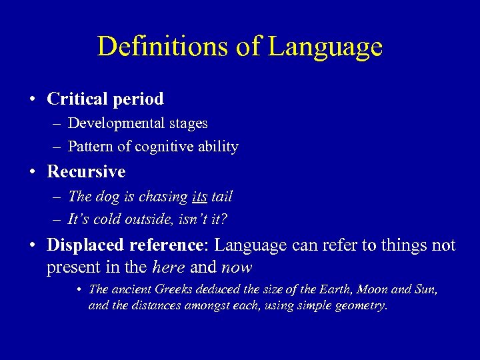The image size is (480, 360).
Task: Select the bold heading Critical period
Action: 105,99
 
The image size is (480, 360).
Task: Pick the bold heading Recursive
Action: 86,172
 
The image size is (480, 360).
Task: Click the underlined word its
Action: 199,197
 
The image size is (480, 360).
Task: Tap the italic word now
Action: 237,267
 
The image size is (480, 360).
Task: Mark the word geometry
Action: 362,306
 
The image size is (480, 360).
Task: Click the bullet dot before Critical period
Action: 33,100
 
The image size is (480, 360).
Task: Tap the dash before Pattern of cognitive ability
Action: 58,147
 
